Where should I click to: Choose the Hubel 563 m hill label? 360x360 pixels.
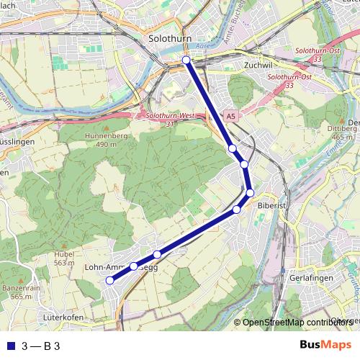64,258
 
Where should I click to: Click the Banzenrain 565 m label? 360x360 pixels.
19,292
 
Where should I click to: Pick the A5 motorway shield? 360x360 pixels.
230,115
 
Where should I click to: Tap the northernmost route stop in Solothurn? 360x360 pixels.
186,60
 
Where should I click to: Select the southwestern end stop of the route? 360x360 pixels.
109,281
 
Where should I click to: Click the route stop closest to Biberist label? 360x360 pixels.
250,192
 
